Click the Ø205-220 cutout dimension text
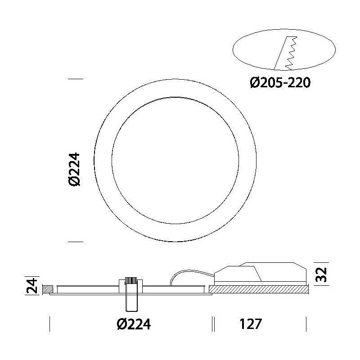pyautogui.click(x=280, y=83)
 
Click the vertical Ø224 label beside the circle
pyautogui.click(x=75, y=168)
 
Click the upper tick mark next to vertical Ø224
pyautogui.click(x=75, y=79)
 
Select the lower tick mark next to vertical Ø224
pyautogui.click(x=75, y=242)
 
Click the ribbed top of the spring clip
pyautogui.click(x=131, y=281)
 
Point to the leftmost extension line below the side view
pyautogui.click(x=49, y=324)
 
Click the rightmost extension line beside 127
pyautogui.click(x=306, y=324)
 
